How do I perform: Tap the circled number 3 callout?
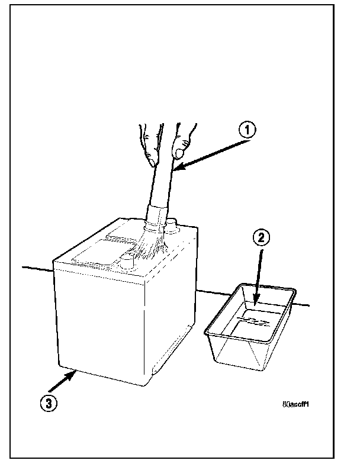pyautogui.click(x=49, y=403)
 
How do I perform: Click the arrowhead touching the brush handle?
pyautogui.click(x=179, y=170)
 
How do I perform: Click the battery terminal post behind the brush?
pyautogui.click(x=172, y=226)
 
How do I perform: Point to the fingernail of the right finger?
pyautogui.click(x=179, y=153)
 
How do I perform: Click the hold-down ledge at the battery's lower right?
pyautogui.click(x=172, y=353)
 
